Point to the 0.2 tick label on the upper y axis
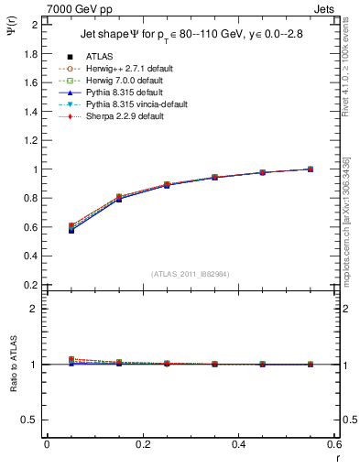point(30,285)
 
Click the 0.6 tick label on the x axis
point(335,444)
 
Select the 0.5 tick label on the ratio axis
point(30,420)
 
